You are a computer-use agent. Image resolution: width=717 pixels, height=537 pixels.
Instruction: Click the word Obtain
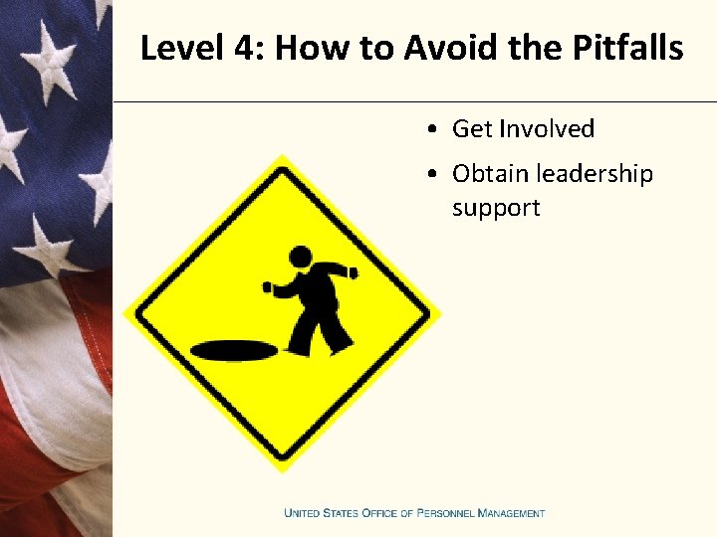[490, 174]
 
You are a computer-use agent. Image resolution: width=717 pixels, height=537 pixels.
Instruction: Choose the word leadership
[595, 174]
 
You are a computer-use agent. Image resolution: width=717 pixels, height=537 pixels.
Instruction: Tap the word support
[496, 208]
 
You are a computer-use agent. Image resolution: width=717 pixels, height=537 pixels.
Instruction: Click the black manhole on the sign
[235, 350]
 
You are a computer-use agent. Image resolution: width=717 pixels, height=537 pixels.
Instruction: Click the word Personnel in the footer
[438, 513]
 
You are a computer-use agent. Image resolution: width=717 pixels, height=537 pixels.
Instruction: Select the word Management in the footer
[511, 513]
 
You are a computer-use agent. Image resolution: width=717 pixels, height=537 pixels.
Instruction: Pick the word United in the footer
[304, 513]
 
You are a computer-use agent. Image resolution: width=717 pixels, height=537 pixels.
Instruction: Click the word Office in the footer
[377, 513]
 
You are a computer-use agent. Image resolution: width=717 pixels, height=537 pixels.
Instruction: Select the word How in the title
[310, 48]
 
